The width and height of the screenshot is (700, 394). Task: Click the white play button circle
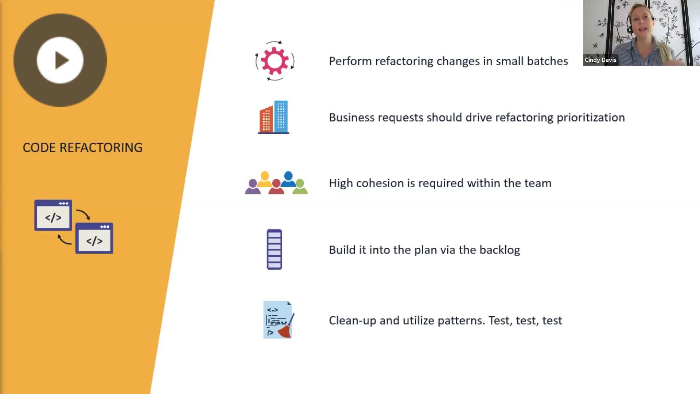tap(60, 60)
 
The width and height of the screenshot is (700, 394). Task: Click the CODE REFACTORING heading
tap(83, 147)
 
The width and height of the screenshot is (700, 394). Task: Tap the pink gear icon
tap(275, 61)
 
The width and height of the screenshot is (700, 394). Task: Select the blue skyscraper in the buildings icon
tap(281, 117)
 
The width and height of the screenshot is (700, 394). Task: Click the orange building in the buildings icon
tap(266, 119)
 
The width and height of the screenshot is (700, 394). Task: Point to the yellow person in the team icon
tap(265, 179)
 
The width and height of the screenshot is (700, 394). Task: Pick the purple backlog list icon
tap(275, 250)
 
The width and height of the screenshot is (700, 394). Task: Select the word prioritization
tap(591, 117)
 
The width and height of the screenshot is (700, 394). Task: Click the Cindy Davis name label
tap(600, 60)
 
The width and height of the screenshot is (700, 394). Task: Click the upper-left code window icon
tap(53, 215)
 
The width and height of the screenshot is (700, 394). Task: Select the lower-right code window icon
tap(94, 238)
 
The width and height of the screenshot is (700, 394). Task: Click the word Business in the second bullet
tap(351, 117)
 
